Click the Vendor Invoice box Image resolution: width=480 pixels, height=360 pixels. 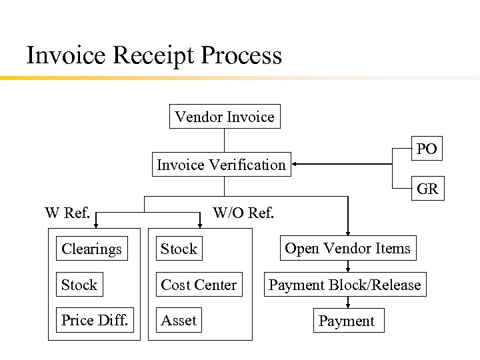click(224, 117)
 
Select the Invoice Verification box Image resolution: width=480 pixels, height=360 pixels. click(221, 165)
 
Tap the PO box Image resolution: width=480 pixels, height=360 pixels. click(427, 149)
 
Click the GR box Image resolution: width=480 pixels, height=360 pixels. click(427, 189)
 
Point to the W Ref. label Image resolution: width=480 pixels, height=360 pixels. click(67, 213)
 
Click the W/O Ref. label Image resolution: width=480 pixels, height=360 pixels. click(243, 213)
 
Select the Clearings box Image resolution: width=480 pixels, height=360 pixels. click(92, 249)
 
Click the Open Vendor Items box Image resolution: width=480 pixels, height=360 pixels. click(347, 248)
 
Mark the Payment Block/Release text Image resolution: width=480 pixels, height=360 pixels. click(345, 285)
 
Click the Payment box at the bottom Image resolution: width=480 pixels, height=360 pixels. click(347, 321)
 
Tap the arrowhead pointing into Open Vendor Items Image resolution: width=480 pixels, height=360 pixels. click(347, 231)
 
